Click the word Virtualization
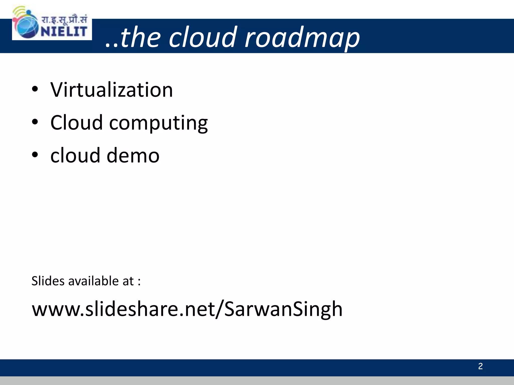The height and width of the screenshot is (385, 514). (x=111, y=90)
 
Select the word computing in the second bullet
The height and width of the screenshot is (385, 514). (x=158, y=123)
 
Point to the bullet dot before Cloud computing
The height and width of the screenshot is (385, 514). (x=35, y=122)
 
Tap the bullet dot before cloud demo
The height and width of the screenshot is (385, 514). (x=35, y=154)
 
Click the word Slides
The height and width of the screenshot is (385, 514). (x=48, y=281)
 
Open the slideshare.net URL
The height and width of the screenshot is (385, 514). (x=187, y=309)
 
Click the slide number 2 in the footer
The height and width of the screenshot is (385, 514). (x=480, y=366)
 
